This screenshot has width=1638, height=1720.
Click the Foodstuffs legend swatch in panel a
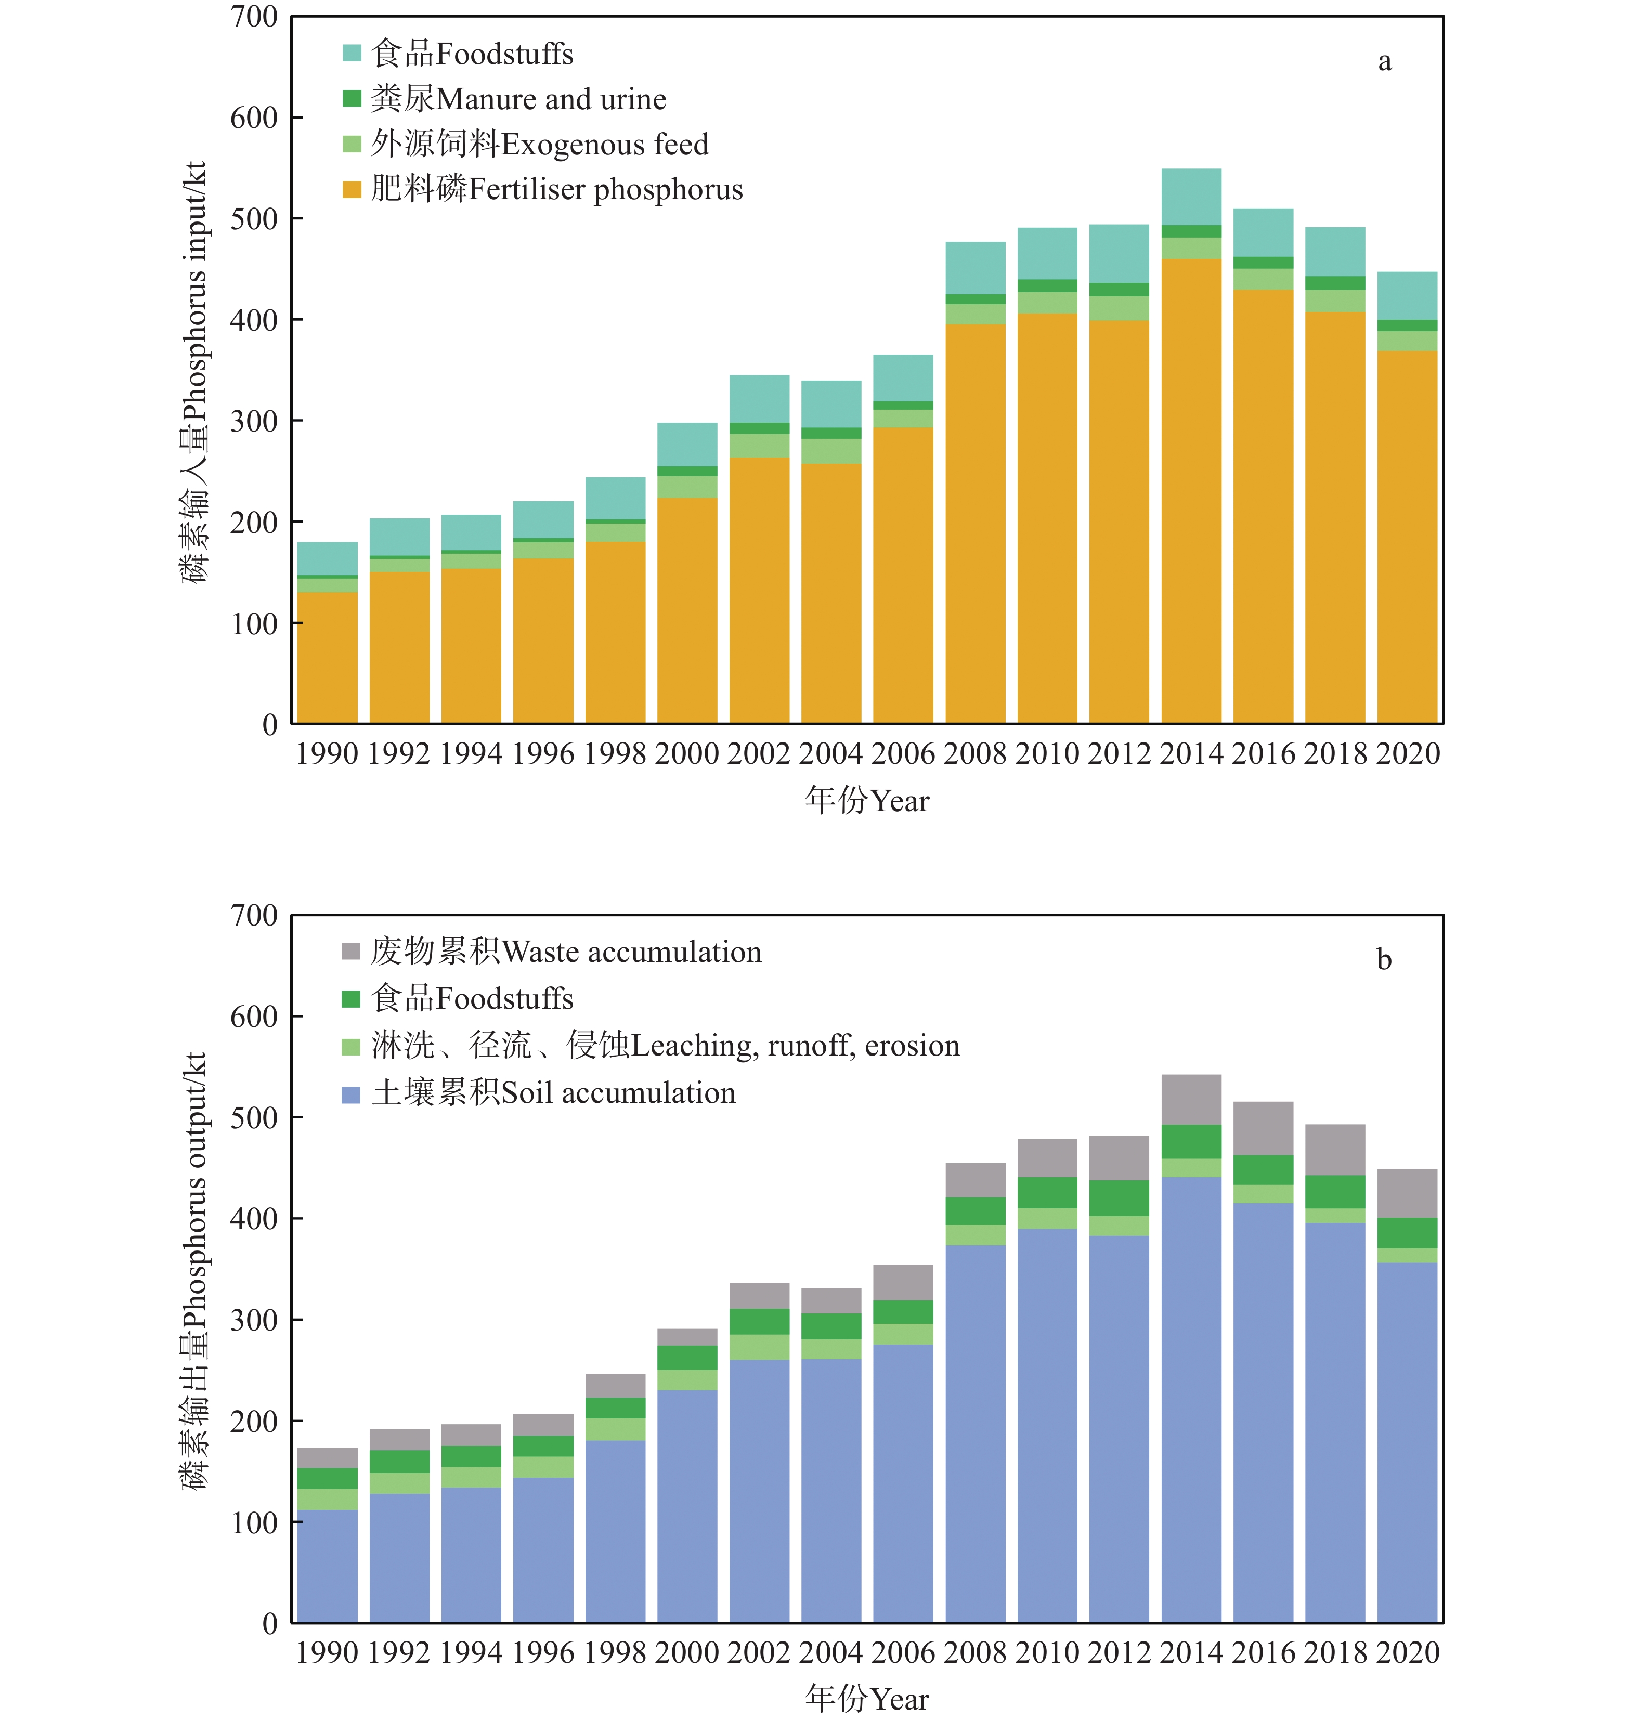pyautogui.click(x=352, y=53)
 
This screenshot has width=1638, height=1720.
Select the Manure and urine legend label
pyautogui.click(x=518, y=99)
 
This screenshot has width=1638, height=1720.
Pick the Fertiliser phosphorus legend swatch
pyautogui.click(x=352, y=189)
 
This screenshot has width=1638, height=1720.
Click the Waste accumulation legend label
pyautogui.click(x=566, y=952)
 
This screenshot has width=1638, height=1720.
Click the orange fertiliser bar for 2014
pyautogui.click(x=1191, y=489)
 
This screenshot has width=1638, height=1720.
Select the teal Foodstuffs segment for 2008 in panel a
pyautogui.click(x=976, y=268)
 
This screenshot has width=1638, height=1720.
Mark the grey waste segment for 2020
pyautogui.click(x=1407, y=1193)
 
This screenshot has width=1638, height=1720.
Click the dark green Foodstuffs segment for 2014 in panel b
pyautogui.click(x=1191, y=1142)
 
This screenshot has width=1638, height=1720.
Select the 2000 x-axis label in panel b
pyautogui.click(x=687, y=1653)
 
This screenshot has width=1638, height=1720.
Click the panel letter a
pyautogui.click(x=1384, y=61)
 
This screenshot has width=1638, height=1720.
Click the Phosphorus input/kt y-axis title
pyautogui.click(x=194, y=371)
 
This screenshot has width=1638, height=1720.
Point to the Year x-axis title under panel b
pyautogui.click(x=867, y=1699)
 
